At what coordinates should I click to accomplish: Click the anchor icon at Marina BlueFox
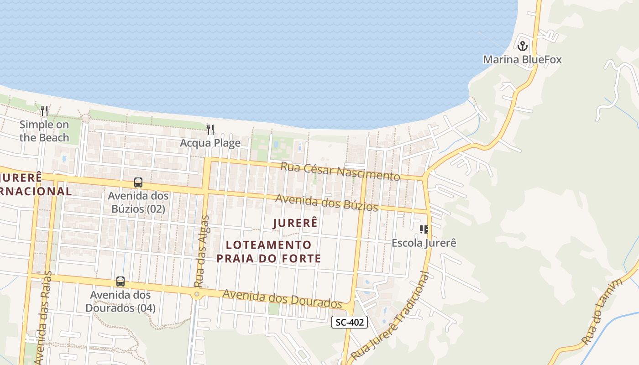point(522,46)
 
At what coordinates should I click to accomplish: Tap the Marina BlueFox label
point(522,60)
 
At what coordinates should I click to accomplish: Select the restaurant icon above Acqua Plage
point(210,130)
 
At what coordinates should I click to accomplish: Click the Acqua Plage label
point(210,143)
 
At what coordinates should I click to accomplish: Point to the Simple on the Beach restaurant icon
point(44,111)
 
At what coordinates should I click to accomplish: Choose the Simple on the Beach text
point(44,131)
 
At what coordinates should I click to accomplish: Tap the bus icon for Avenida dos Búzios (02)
point(138,182)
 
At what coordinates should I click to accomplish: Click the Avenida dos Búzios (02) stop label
point(138,203)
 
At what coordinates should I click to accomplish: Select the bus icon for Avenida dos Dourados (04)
point(120,282)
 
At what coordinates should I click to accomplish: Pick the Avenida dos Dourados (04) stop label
point(120,301)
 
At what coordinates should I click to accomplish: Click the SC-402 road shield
point(349,323)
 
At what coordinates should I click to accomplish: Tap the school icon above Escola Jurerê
point(424,229)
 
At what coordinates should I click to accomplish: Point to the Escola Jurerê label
point(424,243)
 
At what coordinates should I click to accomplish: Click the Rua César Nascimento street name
point(340,172)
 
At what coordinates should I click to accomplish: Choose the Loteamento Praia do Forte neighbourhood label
point(268,252)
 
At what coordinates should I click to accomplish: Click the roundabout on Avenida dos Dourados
point(197,295)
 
